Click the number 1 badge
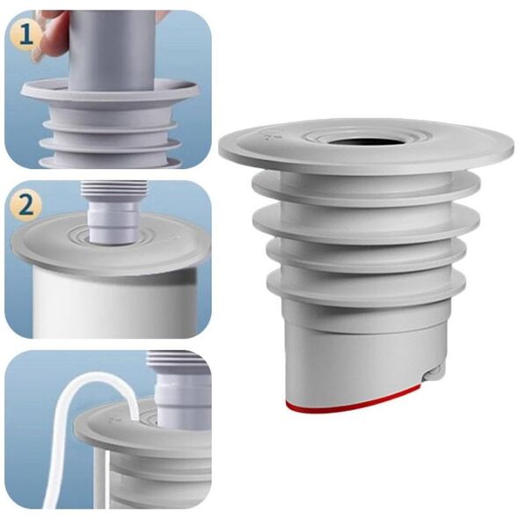tap(26, 35)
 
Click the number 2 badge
tap(26, 206)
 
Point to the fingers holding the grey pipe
tap(49, 33)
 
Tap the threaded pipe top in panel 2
tap(113, 191)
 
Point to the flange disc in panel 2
tap(111, 243)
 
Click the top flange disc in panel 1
tap(111, 90)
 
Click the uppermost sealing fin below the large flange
tap(366, 188)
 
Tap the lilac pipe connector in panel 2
tap(112, 221)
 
